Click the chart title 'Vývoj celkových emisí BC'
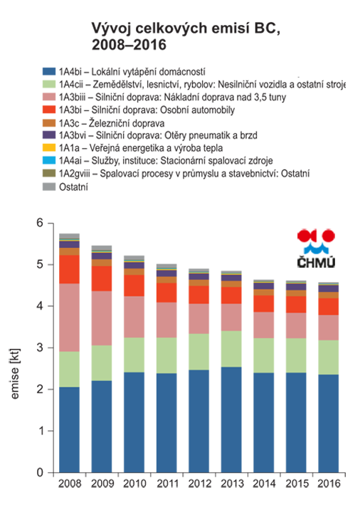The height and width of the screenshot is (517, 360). click(x=186, y=28)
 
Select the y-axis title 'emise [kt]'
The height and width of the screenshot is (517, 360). click(x=15, y=374)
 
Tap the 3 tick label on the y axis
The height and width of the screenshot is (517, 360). click(x=40, y=348)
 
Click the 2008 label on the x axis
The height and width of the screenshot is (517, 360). click(x=70, y=484)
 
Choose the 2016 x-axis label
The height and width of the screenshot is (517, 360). click(x=329, y=484)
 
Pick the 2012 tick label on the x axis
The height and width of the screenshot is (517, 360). click(x=199, y=484)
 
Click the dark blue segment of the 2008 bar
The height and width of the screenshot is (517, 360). click(x=70, y=429)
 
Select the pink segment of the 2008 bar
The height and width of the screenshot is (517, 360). click(x=70, y=318)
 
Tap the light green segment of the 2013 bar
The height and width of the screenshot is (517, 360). click(x=231, y=349)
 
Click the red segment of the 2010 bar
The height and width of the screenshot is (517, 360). click(x=134, y=286)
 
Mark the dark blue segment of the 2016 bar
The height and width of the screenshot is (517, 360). click(x=329, y=424)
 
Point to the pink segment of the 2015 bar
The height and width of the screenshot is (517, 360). click(x=297, y=325)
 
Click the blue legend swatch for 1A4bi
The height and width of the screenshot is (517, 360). click(x=49, y=71)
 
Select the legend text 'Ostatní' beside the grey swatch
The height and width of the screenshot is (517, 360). click(x=73, y=187)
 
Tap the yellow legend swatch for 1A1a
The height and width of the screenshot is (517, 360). click(x=49, y=147)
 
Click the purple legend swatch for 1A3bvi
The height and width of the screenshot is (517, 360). click(x=49, y=135)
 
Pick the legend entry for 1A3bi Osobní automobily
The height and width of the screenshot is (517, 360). click(x=139, y=110)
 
